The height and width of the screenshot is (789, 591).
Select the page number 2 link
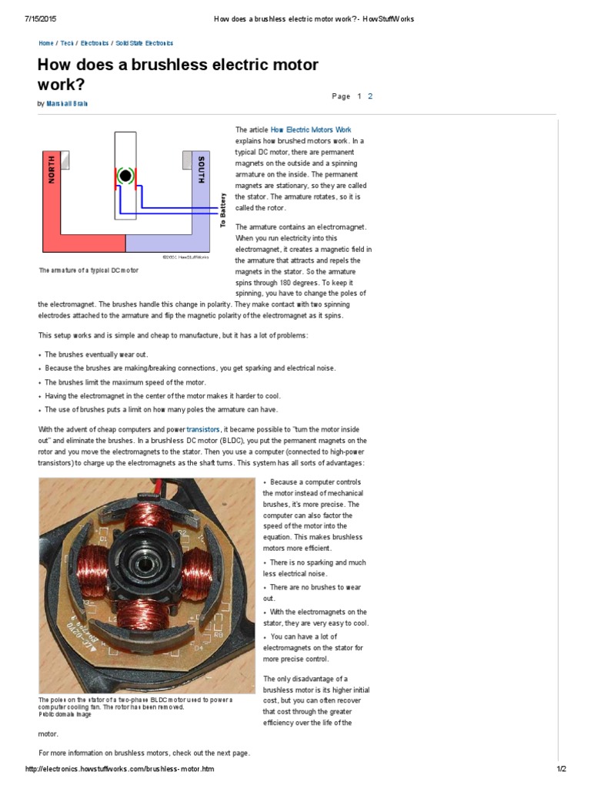tap(370, 96)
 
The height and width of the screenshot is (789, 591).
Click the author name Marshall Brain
tap(67, 103)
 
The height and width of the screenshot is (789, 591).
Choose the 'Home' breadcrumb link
tap(46, 44)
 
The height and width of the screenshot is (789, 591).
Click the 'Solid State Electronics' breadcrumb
tap(145, 44)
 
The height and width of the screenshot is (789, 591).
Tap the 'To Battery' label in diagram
tap(222, 210)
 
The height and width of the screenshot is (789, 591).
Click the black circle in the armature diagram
tap(125, 176)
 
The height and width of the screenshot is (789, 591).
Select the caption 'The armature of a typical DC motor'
tap(88, 271)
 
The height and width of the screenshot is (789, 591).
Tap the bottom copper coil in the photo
tap(144, 614)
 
